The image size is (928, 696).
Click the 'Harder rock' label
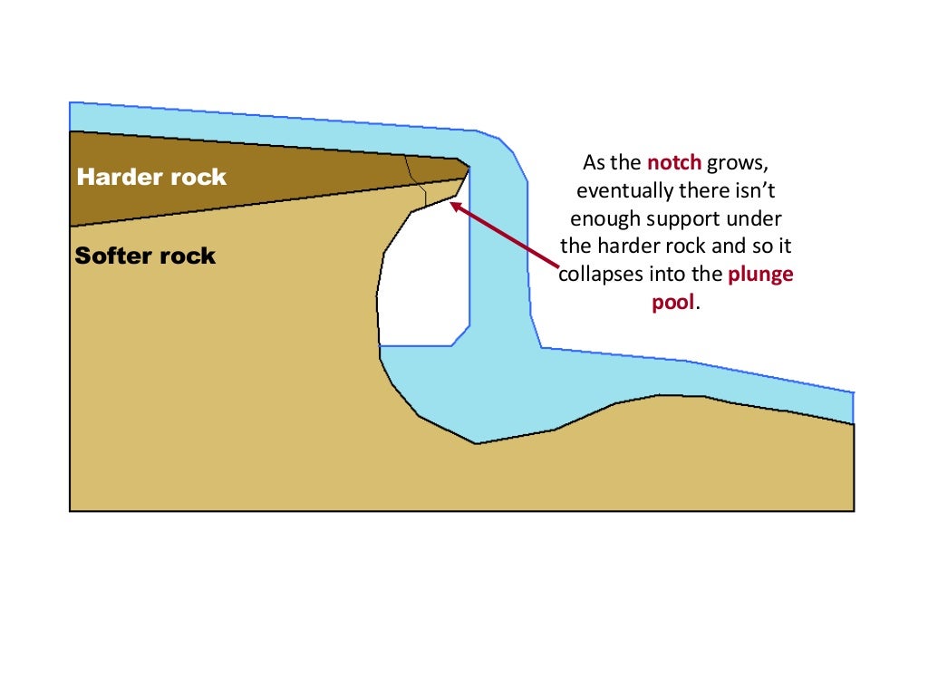click(x=151, y=177)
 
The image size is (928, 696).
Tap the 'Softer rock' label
click(x=145, y=256)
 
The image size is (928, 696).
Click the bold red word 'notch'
click(x=674, y=163)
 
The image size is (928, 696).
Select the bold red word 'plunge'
click(x=760, y=274)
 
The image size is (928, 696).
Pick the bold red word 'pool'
click(x=673, y=302)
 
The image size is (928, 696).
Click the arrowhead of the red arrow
click(x=454, y=205)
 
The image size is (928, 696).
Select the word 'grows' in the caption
click(x=738, y=164)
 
